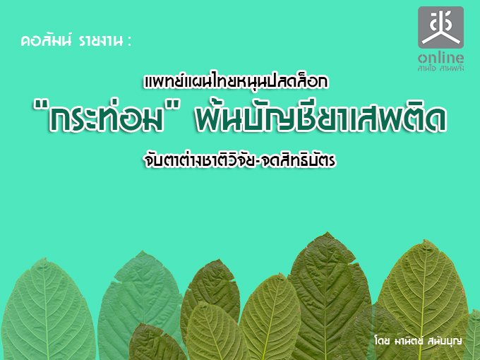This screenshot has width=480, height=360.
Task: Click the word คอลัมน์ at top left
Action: tap(46, 41)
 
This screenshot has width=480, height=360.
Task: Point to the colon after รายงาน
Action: tap(130, 42)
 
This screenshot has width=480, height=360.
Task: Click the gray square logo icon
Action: tap(440, 28)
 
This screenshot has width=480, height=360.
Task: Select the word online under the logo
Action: tap(440, 58)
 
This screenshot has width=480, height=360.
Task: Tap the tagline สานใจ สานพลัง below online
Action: tap(440, 68)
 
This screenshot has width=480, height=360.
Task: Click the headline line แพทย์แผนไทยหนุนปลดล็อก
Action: tap(236, 81)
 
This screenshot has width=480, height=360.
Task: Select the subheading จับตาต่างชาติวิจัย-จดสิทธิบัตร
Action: tap(240, 160)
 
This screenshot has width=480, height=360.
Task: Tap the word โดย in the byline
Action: tap(382, 340)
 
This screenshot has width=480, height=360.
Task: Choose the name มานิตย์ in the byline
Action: tap(407, 340)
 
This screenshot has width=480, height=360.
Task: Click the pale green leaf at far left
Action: tap(46, 309)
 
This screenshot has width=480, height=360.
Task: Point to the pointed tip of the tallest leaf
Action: tap(328, 233)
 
